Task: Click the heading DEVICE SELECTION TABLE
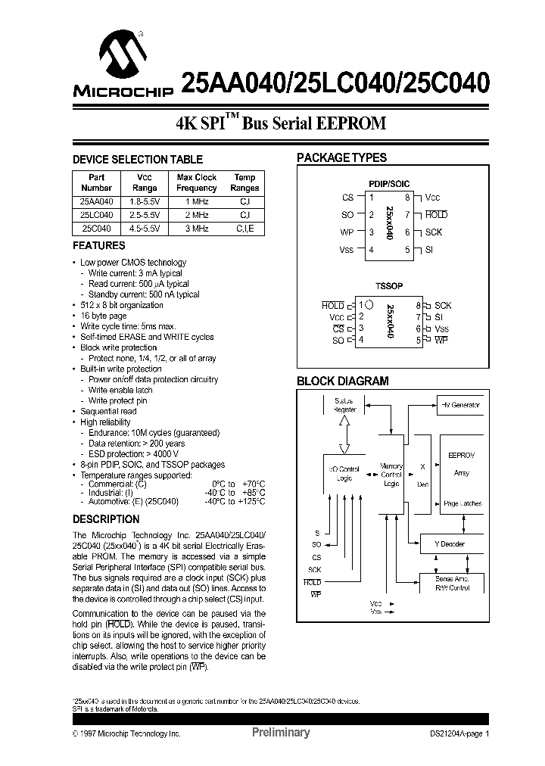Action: [x=137, y=160]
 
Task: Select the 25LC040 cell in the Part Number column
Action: [x=95, y=215]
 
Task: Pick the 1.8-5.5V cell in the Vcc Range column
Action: [x=145, y=202]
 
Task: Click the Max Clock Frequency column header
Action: [x=196, y=182]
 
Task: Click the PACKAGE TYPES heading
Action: [x=341, y=158]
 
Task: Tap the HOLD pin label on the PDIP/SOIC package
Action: [x=436, y=215]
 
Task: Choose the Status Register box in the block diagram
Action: [x=344, y=404]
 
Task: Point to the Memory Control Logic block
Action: [x=391, y=475]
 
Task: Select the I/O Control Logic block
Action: [x=344, y=474]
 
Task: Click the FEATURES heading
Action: [x=98, y=246]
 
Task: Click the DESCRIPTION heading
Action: [x=105, y=519]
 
